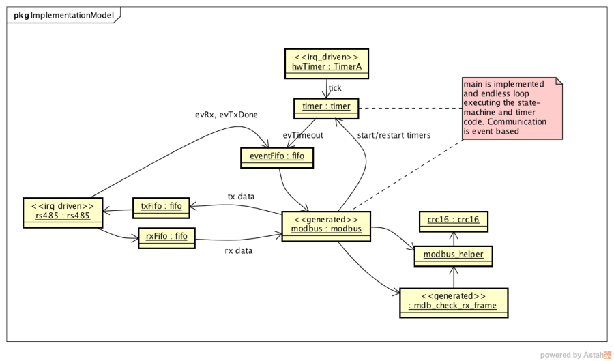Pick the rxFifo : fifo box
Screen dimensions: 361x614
pyautogui.click(x=166, y=237)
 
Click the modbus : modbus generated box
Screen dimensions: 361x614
pyautogui.click(x=325, y=224)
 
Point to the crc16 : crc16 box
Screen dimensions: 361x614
pyautogui.click(x=453, y=220)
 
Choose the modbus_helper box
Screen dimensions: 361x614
pyautogui.click(x=453, y=255)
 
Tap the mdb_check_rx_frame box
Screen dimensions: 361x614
pyautogui.click(x=453, y=301)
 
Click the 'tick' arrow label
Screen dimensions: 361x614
pyautogui.click(x=336, y=88)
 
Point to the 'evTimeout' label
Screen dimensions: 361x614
pyautogui.click(x=304, y=135)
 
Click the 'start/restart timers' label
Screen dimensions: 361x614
pyautogui.click(x=394, y=135)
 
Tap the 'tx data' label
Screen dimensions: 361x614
pyautogui.click(x=241, y=197)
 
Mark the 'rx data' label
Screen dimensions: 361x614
pyautogui.click(x=239, y=250)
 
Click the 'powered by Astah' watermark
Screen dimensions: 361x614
pyautogui.click(x=575, y=354)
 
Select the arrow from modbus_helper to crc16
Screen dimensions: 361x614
pyautogui.click(x=453, y=237)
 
